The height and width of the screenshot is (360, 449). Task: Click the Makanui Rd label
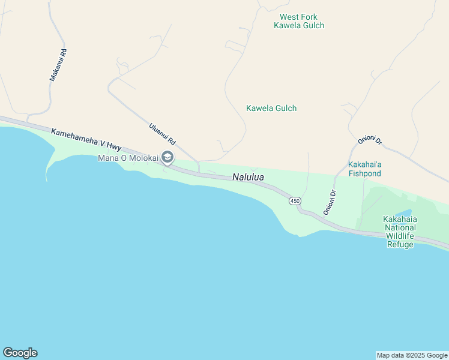pos(58,65)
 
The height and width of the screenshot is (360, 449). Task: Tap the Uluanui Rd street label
pos(162,133)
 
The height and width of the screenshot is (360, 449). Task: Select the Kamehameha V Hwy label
pos(86,140)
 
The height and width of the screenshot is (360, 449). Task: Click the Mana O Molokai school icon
pos(167,158)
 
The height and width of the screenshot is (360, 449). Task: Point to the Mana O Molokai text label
pos(128,158)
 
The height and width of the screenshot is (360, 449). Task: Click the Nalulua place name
pos(248,178)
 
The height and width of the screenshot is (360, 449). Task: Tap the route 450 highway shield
pos(294,201)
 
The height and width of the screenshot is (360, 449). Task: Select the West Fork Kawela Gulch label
pos(299,21)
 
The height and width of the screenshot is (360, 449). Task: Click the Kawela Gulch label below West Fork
pos(271,108)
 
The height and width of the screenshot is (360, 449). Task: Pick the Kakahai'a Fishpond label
pos(364,169)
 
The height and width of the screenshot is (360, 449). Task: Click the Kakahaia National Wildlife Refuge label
pos(400,232)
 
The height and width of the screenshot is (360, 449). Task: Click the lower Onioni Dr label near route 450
pos(330,202)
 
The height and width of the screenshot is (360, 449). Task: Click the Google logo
pos(20,353)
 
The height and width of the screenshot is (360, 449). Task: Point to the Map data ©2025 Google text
pos(412,355)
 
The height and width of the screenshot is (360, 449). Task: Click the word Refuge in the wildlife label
pos(400,244)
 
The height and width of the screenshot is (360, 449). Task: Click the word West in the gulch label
pos(289,17)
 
